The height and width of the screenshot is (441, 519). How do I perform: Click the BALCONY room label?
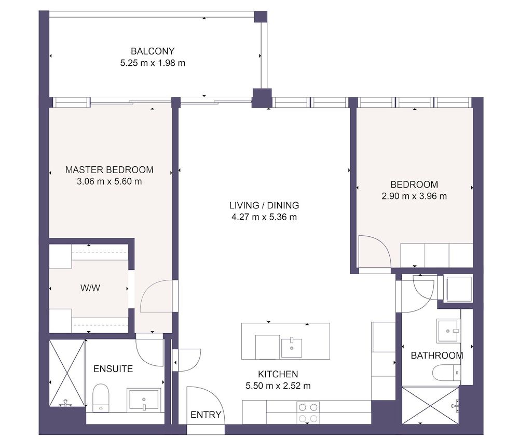[x=153, y=51]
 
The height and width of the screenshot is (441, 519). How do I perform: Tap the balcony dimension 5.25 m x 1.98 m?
[x=153, y=64]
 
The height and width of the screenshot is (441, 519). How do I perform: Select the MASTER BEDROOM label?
[x=109, y=169]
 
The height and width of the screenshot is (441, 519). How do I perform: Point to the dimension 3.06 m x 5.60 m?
[x=109, y=181]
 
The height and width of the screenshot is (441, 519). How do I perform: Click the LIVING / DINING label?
[x=264, y=205]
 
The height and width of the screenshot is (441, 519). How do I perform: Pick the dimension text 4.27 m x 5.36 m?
[x=264, y=217]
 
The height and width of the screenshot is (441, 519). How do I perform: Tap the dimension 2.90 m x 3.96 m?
[x=414, y=196]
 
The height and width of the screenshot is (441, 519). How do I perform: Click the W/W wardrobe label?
[x=91, y=288]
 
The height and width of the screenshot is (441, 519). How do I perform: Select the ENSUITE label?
[x=113, y=369]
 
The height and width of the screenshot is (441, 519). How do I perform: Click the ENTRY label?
[x=206, y=415]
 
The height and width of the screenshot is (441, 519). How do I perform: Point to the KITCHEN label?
[x=278, y=374]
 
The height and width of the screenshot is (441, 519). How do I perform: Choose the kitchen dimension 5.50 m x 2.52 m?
[x=278, y=386]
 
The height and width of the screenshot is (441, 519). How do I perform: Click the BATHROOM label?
[x=437, y=355]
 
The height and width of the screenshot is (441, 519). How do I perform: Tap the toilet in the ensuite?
[x=101, y=396]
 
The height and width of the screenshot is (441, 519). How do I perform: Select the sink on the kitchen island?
[x=292, y=347]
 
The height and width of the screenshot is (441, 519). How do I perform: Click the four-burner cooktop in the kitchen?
[x=308, y=413]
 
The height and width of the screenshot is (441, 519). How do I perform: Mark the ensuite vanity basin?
[x=144, y=400]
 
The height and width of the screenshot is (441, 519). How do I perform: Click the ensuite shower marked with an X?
[x=66, y=373]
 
